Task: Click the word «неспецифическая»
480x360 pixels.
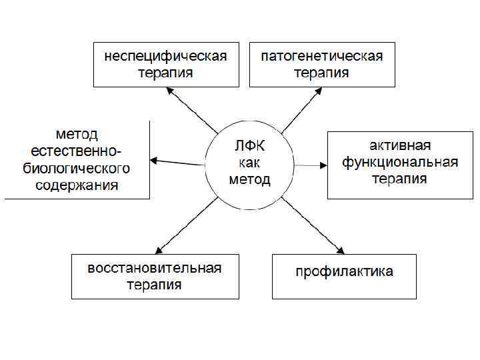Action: (x=165, y=56)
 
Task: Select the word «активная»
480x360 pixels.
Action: (x=400, y=145)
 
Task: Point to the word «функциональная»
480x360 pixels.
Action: (x=400, y=162)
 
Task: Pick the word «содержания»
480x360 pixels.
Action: (x=77, y=185)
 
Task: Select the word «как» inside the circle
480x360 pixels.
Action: (x=250, y=163)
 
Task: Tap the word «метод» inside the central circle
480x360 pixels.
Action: (x=250, y=180)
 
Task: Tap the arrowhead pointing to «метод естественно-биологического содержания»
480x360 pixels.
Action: (x=154, y=160)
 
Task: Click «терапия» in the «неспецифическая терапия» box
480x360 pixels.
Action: (x=165, y=73)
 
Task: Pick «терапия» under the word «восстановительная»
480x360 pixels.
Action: (x=155, y=285)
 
